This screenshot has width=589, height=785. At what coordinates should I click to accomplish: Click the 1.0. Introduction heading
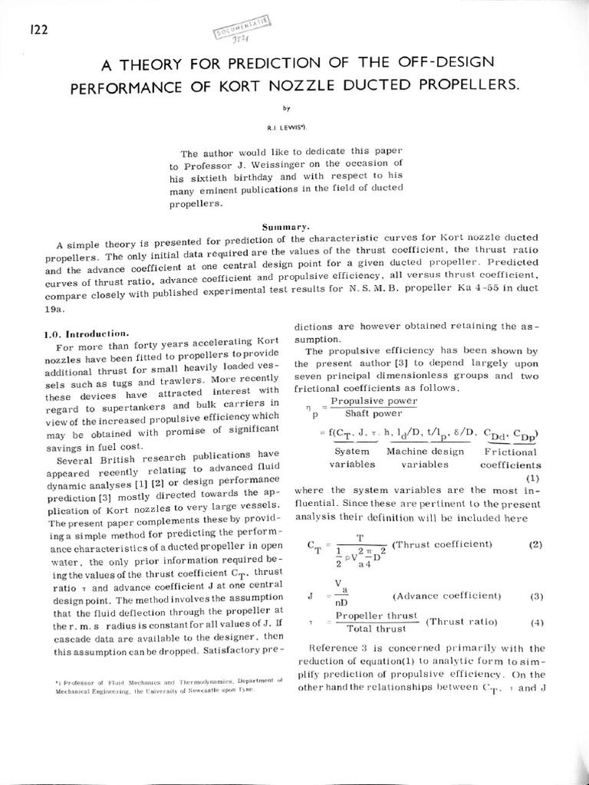pyautogui.click(x=85, y=334)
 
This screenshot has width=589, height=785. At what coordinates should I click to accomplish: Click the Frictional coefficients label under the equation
pyautogui.click(x=510, y=458)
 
